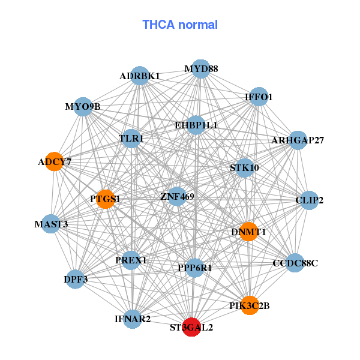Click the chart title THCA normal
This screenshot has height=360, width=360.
click(180, 25)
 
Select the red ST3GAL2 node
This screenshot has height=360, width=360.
click(191, 327)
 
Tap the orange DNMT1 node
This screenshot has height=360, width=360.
click(248, 232)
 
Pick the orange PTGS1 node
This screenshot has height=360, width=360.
click(106, 199)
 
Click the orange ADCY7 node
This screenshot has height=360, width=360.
click(54, 161)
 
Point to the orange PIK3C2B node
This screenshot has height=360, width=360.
click(250, 305)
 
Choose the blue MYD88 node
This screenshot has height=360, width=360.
click(201, 69)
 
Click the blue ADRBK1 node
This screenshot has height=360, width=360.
click(140, 76)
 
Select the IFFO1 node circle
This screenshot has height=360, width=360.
click(259, 97)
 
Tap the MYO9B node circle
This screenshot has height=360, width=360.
click(83, 107)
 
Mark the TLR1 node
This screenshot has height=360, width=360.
click(131, 139)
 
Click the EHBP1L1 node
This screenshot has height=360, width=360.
click(196, 125)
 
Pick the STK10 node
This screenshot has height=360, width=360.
click(245, 168)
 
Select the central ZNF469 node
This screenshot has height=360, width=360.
click(177, 196)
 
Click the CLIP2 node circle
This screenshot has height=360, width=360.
click(309, 200)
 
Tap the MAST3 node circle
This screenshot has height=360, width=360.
click(51, 224)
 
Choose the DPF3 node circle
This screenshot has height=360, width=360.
click(76, 279)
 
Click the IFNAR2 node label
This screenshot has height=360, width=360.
click(133, 319)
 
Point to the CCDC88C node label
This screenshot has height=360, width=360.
click(295, 263)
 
